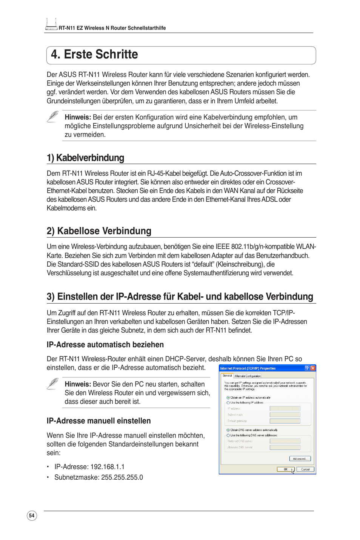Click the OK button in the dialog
click(285, 469)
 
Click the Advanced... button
click(300, 459)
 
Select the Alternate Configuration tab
click(248, 376)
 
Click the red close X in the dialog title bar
click(313, 368)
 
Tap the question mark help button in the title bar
click(307, 368)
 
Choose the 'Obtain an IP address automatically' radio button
click(228, 397)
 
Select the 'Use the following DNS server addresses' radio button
click(228, 435)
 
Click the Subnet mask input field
click(285, 415)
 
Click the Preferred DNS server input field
click(285, 441)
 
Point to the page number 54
click(32, 515)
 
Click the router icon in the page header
click(51, 25)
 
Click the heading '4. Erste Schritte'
click(95, 55)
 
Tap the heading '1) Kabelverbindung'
click(85, 158)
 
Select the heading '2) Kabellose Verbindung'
click(99, 231)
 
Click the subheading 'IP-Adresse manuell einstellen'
click(98, 421)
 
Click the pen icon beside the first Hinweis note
click(53, 117)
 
